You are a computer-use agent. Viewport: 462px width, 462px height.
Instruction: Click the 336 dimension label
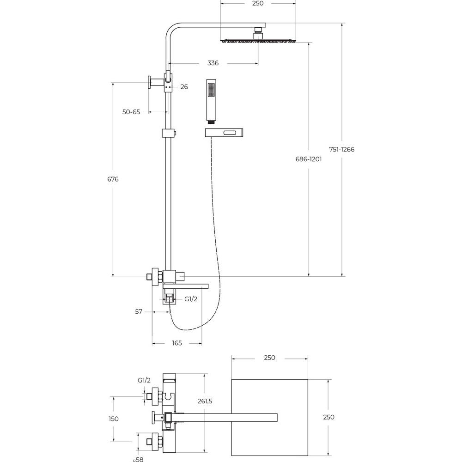click(213, 63)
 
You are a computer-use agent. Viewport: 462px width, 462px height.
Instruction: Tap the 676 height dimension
click(113, 179)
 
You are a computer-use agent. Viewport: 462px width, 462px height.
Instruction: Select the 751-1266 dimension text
click(342, 149)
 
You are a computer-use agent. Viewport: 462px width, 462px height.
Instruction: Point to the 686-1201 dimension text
click(309, 159)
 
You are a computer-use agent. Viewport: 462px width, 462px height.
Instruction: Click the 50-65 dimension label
click(131, 112)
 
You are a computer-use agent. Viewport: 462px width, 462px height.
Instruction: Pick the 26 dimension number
click(184, 87)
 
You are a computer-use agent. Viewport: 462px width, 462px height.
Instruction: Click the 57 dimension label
click(139, 311)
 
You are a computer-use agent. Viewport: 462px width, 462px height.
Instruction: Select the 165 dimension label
click(177, 343)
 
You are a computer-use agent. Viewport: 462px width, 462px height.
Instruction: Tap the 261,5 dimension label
click(205, 401)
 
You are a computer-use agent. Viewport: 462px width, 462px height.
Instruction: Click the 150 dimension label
click(114, 419)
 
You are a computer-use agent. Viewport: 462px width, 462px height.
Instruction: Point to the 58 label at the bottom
click(140, 459)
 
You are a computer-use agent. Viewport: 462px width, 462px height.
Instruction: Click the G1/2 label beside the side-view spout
click(191, 299)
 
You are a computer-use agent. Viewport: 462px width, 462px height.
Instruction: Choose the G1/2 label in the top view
click(144, 380)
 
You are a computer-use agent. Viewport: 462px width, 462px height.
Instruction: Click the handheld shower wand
click(211, 101)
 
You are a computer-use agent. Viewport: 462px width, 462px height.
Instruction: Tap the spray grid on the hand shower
click(211, 90)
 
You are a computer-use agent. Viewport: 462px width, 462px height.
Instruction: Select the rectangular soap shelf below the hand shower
click(224, 133)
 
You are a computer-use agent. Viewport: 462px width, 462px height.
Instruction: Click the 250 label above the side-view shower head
click(258, 3)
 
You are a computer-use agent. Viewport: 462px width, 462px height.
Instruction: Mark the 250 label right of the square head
click(329, 417)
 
